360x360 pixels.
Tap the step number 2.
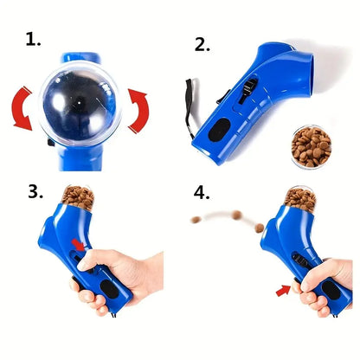click(202, 43)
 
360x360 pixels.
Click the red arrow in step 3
click(80, 247)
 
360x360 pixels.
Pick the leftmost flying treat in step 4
click(198, 218)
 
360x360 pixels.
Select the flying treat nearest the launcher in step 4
click(259, 226)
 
